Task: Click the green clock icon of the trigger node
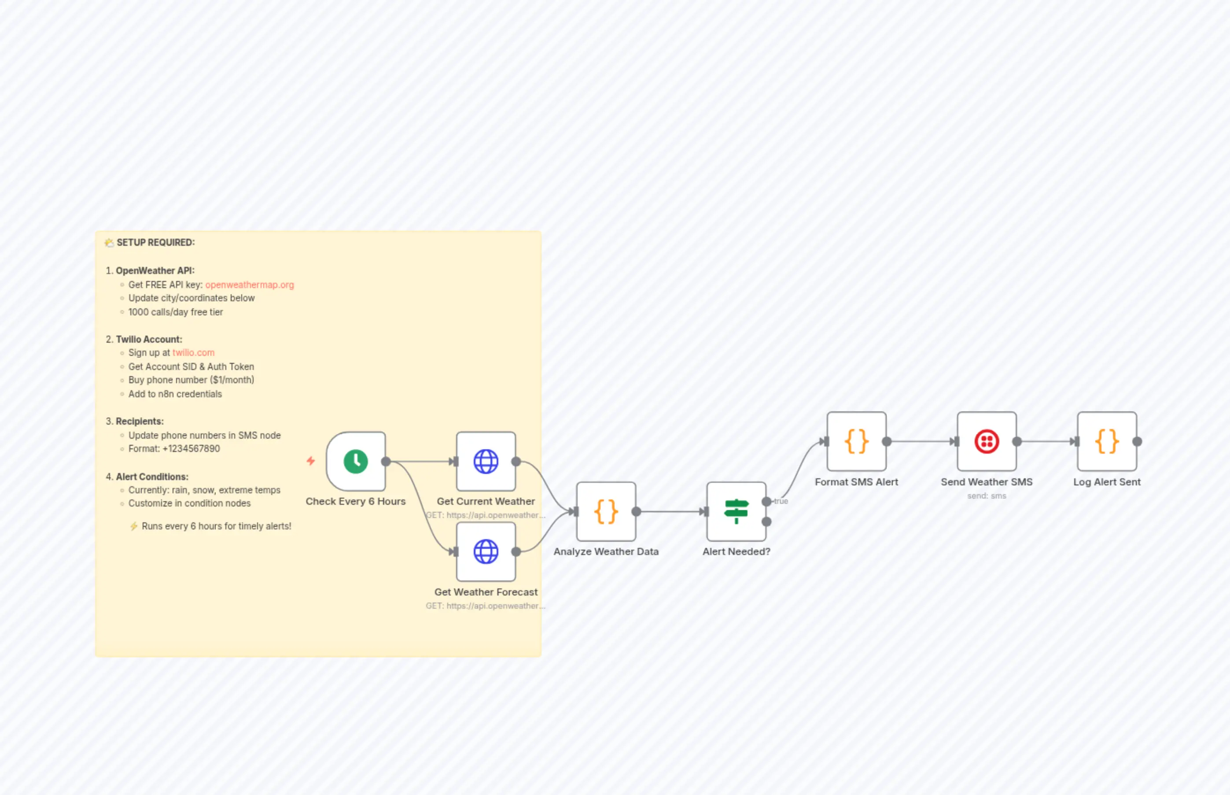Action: pyautogui.click(x=355, y=462)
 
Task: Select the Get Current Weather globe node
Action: pyautogui.click(x=486, y=462)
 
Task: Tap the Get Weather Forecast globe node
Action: pyautogui.click(x=486, y=551)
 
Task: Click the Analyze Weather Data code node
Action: pyautogui.click(x=606, y=512)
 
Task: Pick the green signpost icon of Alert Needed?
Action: pyautogui.click(x=736, y=512)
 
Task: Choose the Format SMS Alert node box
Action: pyautogui.click(x=856, y=441)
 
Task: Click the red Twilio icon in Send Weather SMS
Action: pyautogui.click(x=987, y=441)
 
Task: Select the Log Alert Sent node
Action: pyautogui.click(x=1107, y=441)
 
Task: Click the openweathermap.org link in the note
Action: pyautogui.click(x=249, y=285)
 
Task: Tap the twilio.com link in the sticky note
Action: pyautogui.click(x=193, y=353)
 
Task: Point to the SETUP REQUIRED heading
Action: pyautogui.click(x=155, y=242)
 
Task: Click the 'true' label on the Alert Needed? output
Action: pyautogui.click(x=781, y=501)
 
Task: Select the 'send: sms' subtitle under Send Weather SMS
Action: pyautogui.click(x=987, y=495)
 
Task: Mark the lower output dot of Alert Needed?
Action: pyautogui.click(x=767, y=522)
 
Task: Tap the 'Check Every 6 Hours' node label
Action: pyautogui.click(x=355, y=501)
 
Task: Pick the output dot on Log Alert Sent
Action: pyautogui.click(x=1137, y=441)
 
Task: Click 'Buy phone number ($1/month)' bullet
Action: pyautogui.click(x=191, y=380)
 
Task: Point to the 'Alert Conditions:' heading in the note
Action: pyautogui.click(x=152, y=477)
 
